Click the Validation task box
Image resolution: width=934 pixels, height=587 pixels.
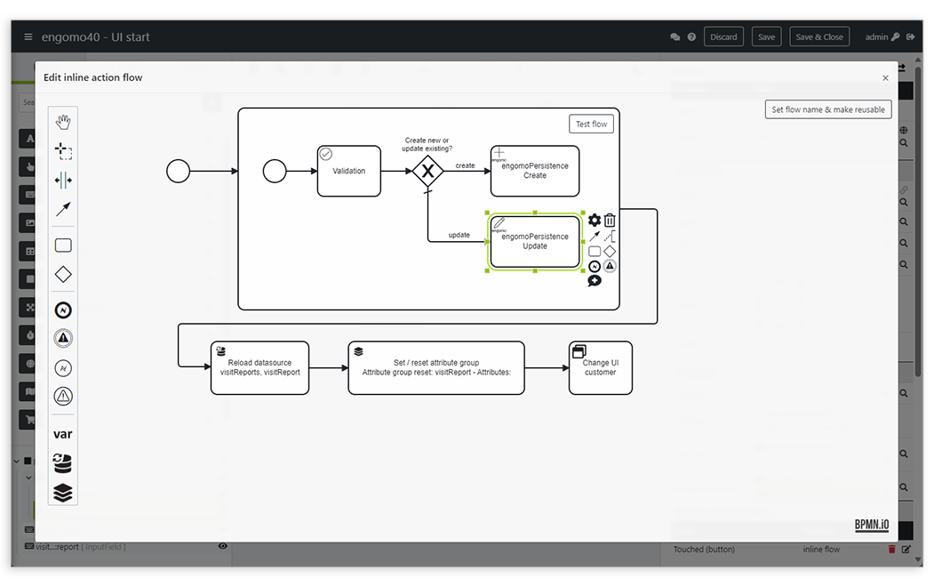348,171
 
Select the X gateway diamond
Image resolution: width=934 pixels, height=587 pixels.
427,171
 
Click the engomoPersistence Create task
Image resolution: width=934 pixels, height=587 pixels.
534,171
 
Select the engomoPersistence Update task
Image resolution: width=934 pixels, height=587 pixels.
534,242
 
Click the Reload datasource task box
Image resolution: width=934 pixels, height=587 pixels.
259,368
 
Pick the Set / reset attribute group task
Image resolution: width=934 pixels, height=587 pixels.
435,368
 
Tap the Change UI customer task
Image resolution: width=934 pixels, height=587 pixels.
600,368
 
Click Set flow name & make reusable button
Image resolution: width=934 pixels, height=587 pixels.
827,109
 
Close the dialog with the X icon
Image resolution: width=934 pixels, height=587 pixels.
885,78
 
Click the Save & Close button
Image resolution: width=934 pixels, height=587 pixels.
818,37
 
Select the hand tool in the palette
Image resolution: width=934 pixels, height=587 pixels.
63,122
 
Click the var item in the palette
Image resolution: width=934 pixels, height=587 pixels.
63,434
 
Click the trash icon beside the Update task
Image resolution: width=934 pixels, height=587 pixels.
610,221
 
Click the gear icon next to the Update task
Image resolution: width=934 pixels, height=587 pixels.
595,221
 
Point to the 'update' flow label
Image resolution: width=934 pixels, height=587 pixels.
459,236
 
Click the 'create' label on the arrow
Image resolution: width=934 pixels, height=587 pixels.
465,165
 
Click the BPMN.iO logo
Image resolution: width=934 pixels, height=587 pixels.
871,525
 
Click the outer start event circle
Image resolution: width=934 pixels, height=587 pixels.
179,171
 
